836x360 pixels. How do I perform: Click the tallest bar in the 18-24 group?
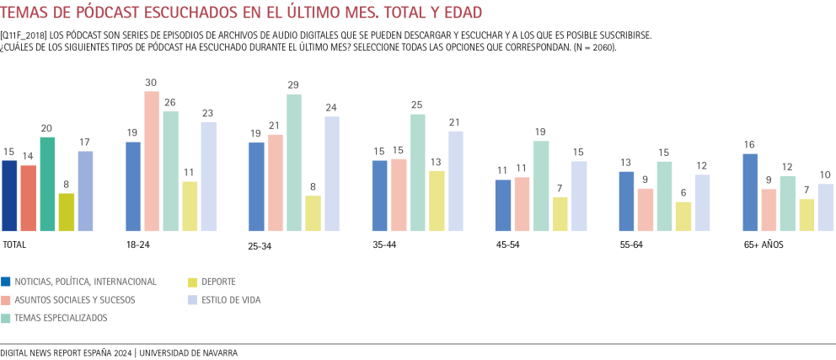pyautogui.click(x=152, y=161)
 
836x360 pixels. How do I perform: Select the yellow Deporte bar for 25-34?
pyautogui.click(x=289, y=213)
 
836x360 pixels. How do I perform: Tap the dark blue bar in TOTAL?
pyautogui.click(x=9, y=196)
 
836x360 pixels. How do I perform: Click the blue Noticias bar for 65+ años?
pyautogui.click(x=749, y=192)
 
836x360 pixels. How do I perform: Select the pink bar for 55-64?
pyautogui.click(x=646, y=210)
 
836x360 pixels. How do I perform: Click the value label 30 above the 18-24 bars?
pyautogui.click(x=152, y=83)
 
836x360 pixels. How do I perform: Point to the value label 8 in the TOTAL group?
pyautogui.click(x=65, y=185)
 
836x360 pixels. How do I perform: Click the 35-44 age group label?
pyautogui.click(x=384, y=245)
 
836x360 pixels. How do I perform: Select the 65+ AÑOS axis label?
pyautogui.click(x=764, y=244)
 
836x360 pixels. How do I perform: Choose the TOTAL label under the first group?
pyautogui.click(x=13, y=244)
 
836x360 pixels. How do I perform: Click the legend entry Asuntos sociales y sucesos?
pyautogui.click(x=74, y=299)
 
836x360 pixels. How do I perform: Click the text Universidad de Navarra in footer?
pyautogui.click(x=188, y=353)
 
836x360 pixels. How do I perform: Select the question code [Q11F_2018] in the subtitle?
pyautogui.click(x=24, y=35)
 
